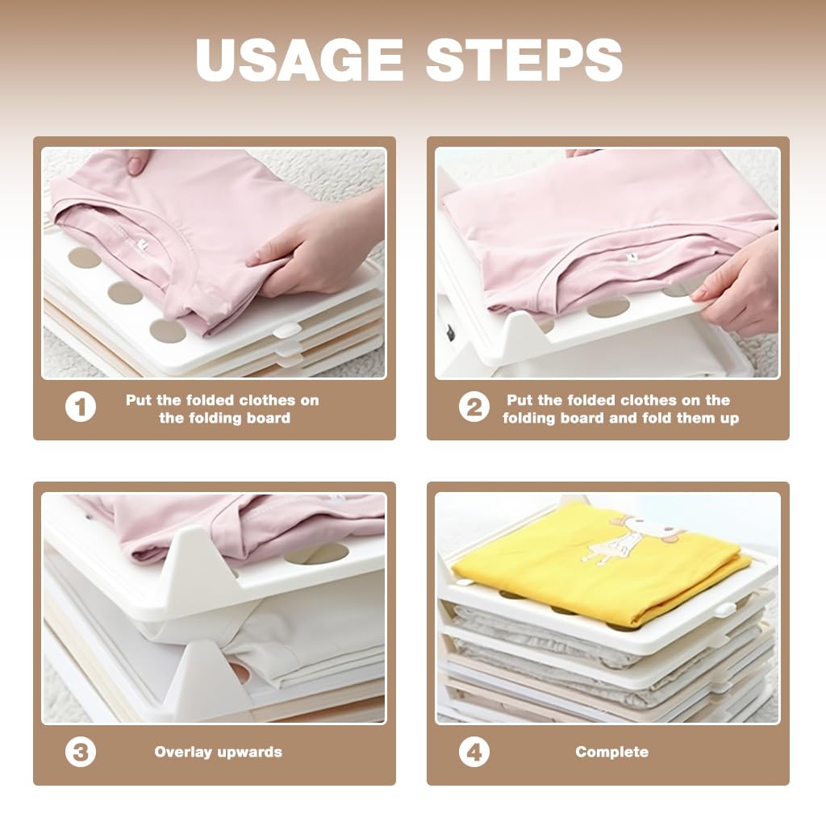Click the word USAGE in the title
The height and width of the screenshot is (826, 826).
pos(299,60)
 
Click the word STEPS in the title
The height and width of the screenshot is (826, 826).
pos(524,60)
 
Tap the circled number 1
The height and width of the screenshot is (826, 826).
pos(81,407)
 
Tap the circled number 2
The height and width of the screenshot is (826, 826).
pos(474,407)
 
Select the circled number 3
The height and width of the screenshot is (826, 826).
pos(81,752)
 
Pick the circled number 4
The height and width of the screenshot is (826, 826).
pos(474,752)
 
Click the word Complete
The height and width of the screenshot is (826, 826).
pos(611,752)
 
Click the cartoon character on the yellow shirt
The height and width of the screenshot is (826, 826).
pos(634,539)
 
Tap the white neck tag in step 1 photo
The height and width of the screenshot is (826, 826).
pos(142,244)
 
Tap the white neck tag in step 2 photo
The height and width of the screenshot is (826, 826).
pos(629,257)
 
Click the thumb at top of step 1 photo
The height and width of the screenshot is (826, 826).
pos(137,161)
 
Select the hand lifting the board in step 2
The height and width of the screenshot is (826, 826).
pos(737,287)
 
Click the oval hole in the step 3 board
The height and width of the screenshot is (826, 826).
pos(316,553)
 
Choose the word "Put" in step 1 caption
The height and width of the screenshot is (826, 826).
pos(139,400)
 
